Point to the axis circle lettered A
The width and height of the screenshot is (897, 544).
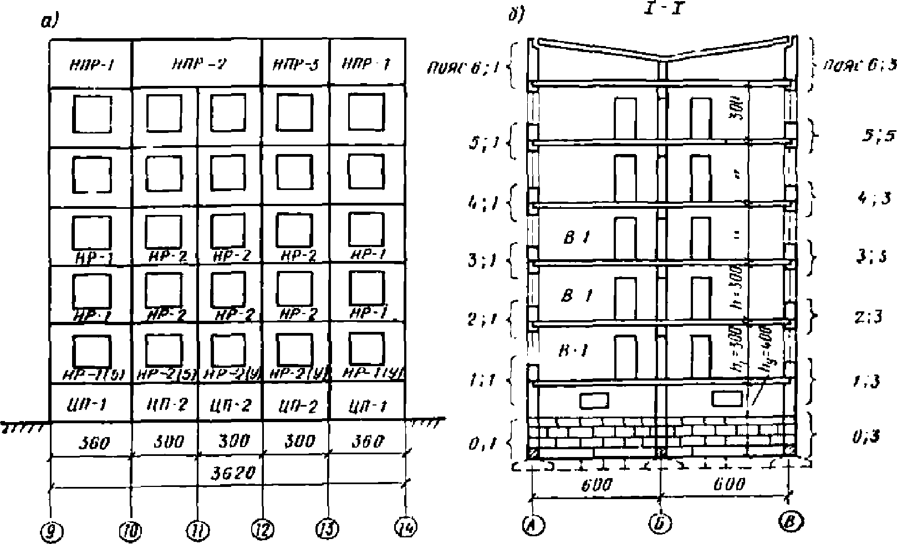[x=532, y=524]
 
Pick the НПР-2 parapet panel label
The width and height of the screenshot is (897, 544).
[x=197, y=64]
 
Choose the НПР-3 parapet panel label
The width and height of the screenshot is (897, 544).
[x=295, y=64]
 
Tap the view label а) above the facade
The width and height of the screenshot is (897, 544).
[x=50, y=22]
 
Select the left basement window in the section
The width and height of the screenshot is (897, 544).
[x=594, y=399]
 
